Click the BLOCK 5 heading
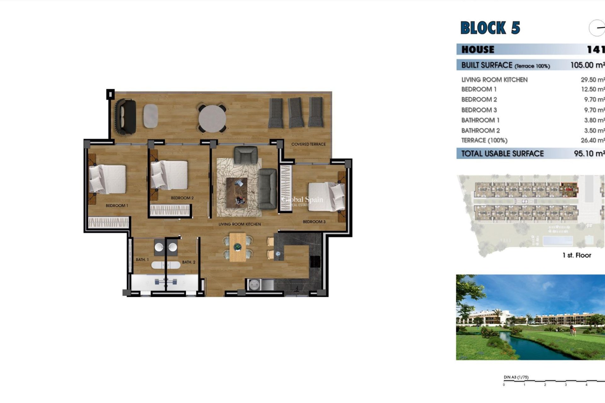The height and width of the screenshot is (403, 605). pos(490,28)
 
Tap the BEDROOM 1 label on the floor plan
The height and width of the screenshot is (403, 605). pos(117,206)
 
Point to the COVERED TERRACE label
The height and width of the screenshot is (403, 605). pos(308,144)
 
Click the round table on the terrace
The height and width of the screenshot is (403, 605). pos(212,119)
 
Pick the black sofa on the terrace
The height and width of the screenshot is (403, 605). pos(126,117)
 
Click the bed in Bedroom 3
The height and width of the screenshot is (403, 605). pos(326,196)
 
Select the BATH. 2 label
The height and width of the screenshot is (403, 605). pos(188,262)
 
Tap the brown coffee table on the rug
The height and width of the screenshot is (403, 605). pos(237,192)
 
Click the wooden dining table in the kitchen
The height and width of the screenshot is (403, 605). pos(238,247)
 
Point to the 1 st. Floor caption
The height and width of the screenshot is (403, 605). pos(577,255)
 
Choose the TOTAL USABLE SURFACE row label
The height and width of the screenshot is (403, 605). pos(502,154)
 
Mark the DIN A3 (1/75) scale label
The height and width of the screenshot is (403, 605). pos(516,377)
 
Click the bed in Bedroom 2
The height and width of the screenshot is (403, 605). pos(169,175)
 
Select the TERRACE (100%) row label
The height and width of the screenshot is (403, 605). pos(484,140)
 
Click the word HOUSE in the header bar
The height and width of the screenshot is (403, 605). pos(478,49)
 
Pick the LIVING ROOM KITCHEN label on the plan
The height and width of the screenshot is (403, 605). pos(239,224)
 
